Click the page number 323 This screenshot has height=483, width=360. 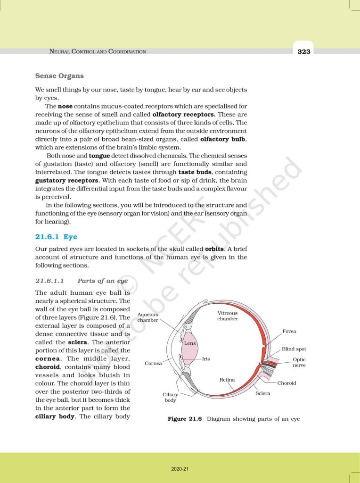tap(304, 51)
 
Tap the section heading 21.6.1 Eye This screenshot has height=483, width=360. tap(56, 237)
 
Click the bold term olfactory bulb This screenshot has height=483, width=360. tap(223, 140)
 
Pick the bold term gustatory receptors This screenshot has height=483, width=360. tap(66, 181)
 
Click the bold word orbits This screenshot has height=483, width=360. tap(217, 249)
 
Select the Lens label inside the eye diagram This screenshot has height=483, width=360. tap(190, 343)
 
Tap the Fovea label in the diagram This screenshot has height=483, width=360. tap(289, 332)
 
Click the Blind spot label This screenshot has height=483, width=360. tap(294, 349)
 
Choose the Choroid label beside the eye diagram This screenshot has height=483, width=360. tap(286, 383)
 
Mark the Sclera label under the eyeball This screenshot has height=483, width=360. tap(262, 393)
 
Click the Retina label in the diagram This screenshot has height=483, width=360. tap(227, 380)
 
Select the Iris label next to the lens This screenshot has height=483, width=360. tap(206, 359)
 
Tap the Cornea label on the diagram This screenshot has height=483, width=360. tap(153, 363)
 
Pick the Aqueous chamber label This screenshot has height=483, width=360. tap(147, 317)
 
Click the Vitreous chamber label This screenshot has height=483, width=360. tap(228, 316)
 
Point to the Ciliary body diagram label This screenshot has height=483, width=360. tap(170, 397)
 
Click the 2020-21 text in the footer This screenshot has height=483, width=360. tap(180, 469)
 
